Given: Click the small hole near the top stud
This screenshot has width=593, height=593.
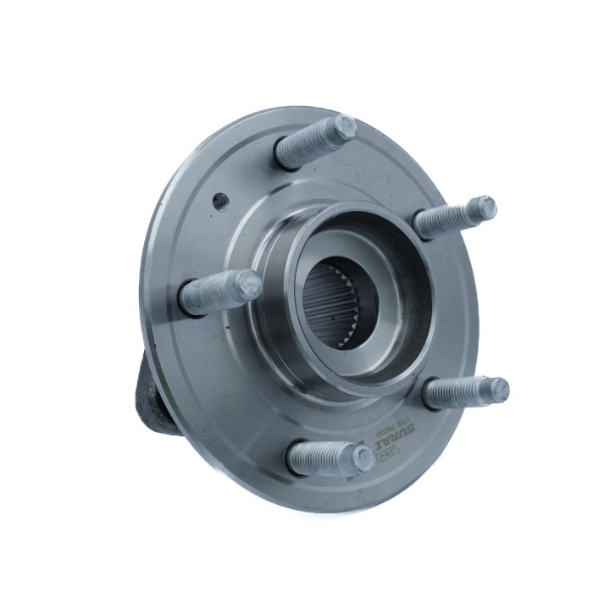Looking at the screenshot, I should [x=219, y=201].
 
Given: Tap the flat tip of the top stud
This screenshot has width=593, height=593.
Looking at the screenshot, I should [x=345, y=127].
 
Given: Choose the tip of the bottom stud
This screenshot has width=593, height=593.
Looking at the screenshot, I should [x=363, y=458].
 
